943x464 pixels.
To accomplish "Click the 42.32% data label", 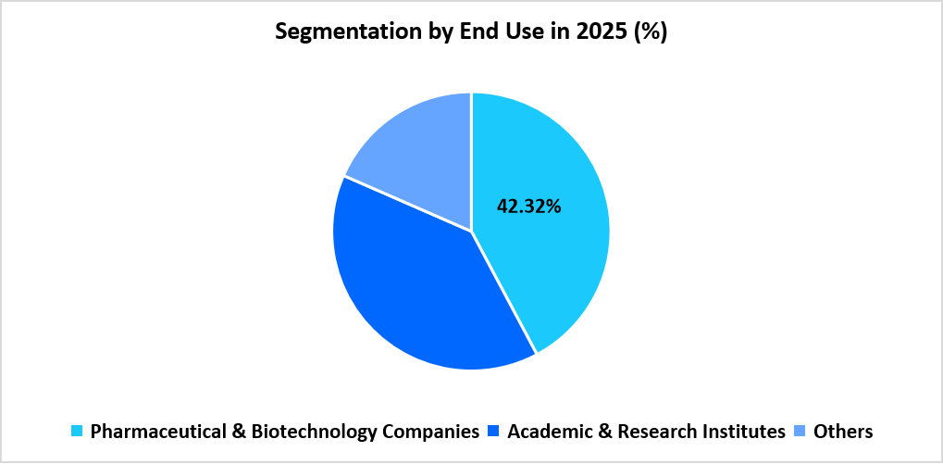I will click(x=528, y=207).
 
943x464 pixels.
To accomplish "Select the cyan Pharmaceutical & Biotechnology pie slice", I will click(x=546, y=269).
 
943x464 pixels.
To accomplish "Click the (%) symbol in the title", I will click(x=651, y=32).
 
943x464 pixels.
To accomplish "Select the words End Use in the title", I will click(x=502, y=32).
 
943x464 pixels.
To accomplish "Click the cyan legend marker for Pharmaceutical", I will click(x=77, y=432).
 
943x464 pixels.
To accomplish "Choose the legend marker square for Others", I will click(x=800, y=432).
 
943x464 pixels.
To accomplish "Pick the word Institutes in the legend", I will click(x=742, y=432).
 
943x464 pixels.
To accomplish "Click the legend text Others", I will click(x=842, y=432).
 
